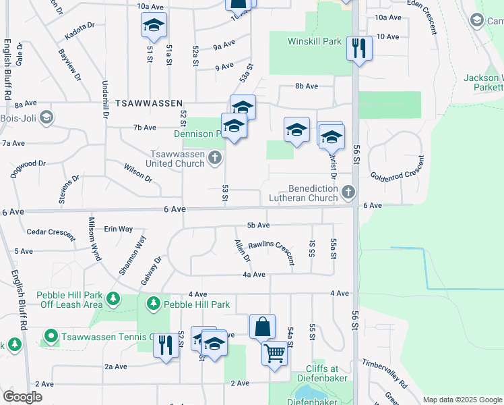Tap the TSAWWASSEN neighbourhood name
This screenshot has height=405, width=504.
point(149,103)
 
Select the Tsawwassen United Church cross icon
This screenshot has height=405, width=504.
point(215,159)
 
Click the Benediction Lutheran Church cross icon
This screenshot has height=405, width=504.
point(348,192)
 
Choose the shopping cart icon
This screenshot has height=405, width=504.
point(275,352)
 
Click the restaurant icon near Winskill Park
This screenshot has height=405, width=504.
point(358,48)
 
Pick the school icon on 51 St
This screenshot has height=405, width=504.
point(154,26)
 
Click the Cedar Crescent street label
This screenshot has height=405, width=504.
point(51,232)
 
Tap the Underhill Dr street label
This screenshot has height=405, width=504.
point(105,99)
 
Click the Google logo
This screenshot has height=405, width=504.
point(22,397)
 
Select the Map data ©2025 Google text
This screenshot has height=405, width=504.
point(462,400)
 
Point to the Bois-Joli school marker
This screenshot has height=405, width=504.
point(46,118)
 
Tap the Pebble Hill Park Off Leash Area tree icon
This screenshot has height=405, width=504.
point(113,298)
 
